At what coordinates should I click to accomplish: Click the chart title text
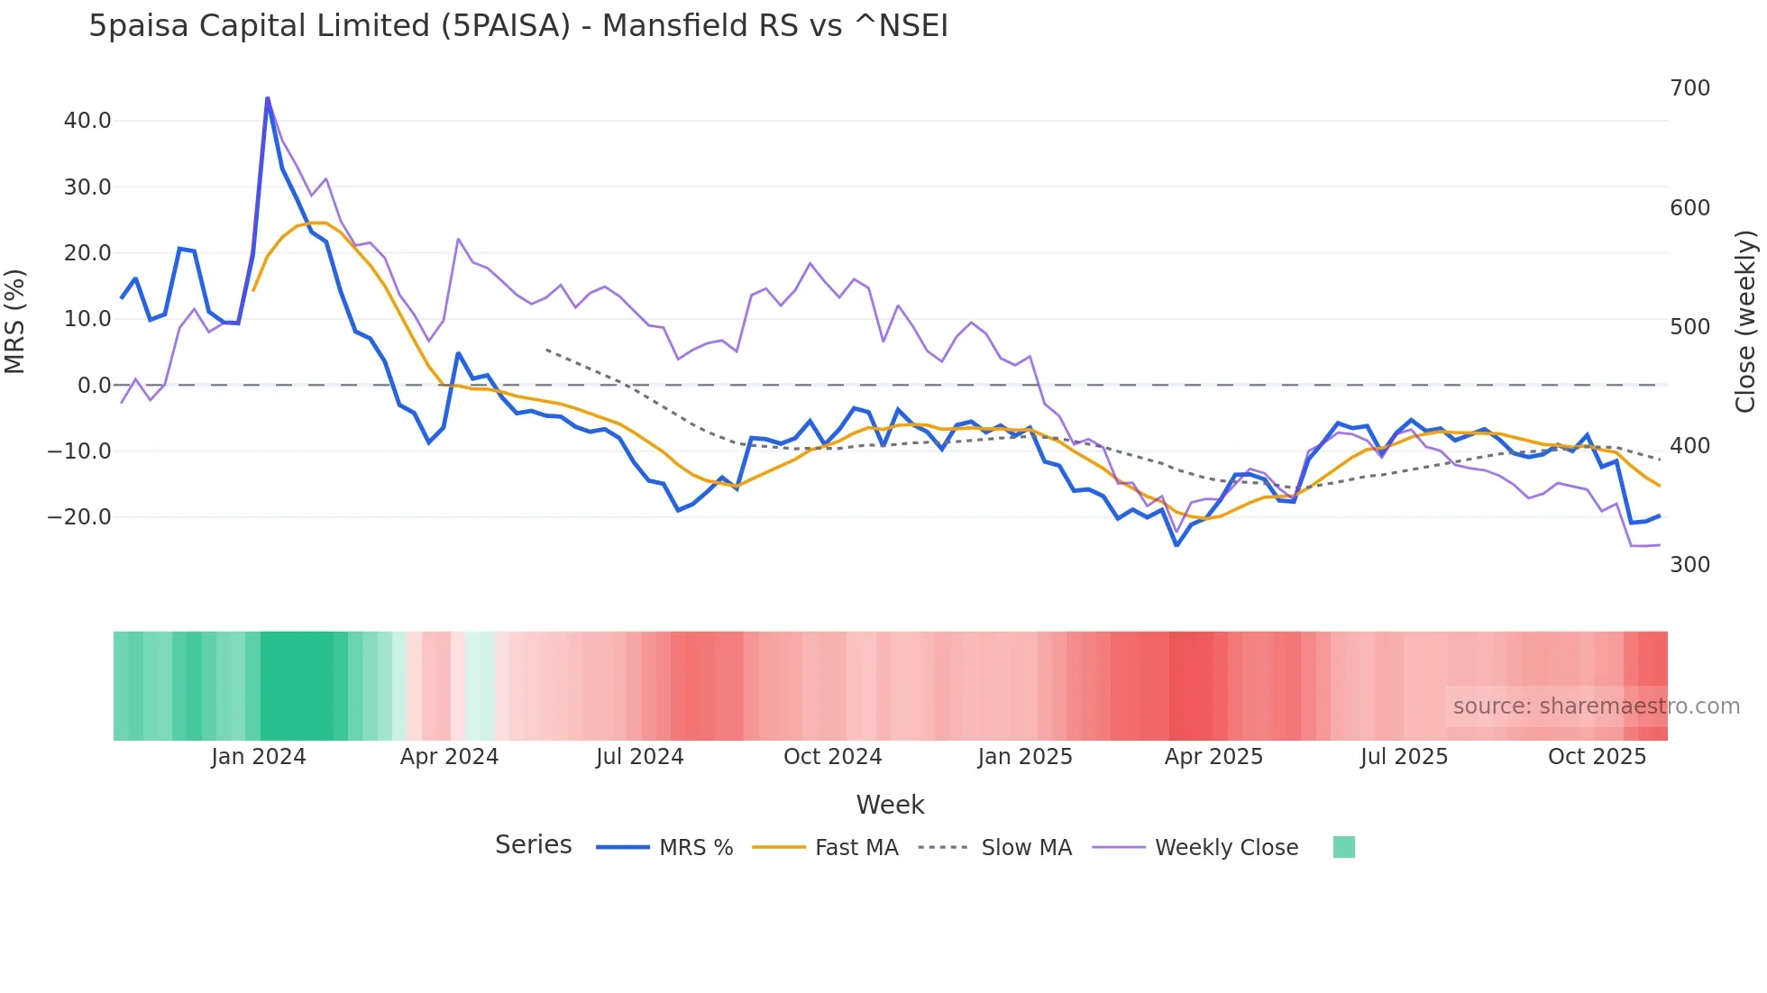[518, 26]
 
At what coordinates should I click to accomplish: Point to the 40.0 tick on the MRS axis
[87, 121]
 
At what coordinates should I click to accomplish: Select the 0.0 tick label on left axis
[94, 386]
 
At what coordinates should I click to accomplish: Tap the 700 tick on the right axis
[1689, 88]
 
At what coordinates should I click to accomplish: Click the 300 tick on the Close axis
[1689, 565]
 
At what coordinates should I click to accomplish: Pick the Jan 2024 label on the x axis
[259, 757]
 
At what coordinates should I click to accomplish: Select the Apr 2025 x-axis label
[1213, 757]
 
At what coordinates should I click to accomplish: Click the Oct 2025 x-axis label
[1597, 757]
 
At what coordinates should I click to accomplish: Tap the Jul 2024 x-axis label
[639, 757]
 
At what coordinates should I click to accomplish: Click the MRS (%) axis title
[15, 321]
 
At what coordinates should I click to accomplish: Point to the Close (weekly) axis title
[1745, 322]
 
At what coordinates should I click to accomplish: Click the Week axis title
[890, 805]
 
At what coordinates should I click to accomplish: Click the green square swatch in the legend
[1343, 847]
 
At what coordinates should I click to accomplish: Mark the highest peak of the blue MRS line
[268, 98]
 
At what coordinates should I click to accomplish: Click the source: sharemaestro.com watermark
[1596, 706]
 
